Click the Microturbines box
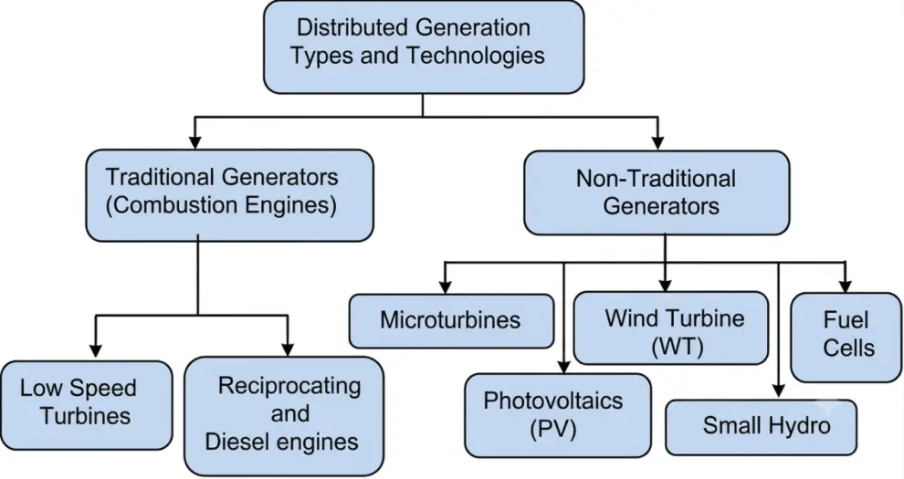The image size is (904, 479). coord(451,321)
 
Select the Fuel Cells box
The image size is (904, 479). coord(846,337)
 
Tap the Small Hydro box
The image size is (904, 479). coord(761,427)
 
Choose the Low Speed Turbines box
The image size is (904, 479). coord(87,405)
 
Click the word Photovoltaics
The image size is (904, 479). coord(552,401)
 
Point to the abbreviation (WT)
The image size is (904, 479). coord(678,347)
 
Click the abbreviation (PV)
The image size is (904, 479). coord(552,429)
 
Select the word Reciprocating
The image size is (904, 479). coord(289,386)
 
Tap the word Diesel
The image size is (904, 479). coord(237,442)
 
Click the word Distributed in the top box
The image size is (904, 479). coord(352,27)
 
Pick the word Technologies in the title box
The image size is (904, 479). coord(476,56)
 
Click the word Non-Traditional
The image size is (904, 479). coord(656,179)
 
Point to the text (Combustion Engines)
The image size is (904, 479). coord(221,205)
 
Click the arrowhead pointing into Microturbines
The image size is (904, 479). coord(445,286)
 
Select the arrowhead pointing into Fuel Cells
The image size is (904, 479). coord(846,286)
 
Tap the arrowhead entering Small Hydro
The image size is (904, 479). coord(778,390)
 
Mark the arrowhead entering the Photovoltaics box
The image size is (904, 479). coord(563,367)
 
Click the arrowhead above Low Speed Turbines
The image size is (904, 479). coord(96,350)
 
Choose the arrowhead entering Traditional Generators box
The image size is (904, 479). coord(195,142)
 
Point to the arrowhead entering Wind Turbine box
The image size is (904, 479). coord(665,285)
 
